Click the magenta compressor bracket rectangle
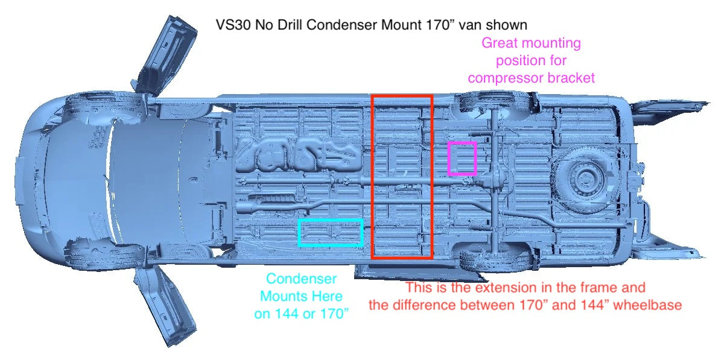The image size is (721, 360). [449, 159]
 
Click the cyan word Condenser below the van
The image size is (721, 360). [302, 279]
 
